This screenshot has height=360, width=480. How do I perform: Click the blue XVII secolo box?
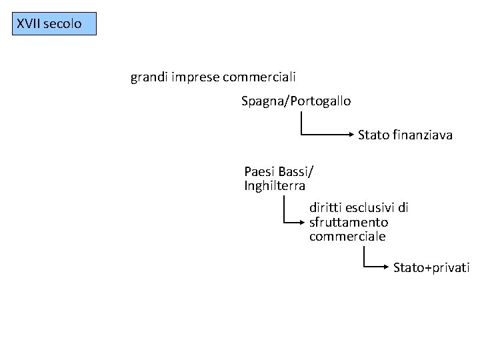coord(55,23)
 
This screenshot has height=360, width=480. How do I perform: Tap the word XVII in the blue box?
coord(29,24)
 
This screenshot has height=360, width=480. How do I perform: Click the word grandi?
coord(149,78)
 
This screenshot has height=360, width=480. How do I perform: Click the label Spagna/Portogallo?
coord(296,101)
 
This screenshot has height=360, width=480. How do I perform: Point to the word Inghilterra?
coord(275,186)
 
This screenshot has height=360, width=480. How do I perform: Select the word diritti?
coord(325,207)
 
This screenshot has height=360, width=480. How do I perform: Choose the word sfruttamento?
coord(349,222)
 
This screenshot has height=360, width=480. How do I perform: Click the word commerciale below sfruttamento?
coord(347,237)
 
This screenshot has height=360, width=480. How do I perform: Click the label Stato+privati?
coord(431,268)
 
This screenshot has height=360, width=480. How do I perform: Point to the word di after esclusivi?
coord(403,207)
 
